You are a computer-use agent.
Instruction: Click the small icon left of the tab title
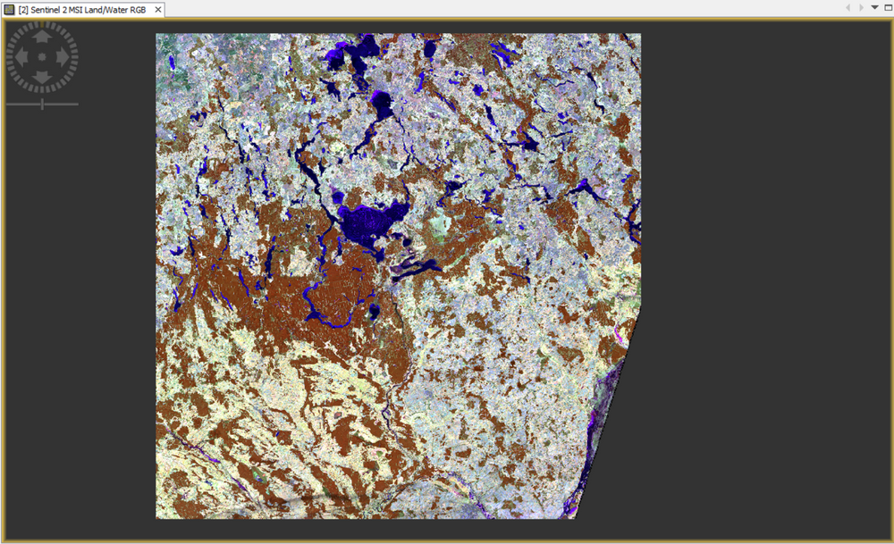[x=10, y=9]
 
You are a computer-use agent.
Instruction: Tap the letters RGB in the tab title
[x=139, y=9]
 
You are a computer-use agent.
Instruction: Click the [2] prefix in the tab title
[x=23, y=9]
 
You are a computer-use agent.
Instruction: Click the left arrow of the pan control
[x=21, y=57]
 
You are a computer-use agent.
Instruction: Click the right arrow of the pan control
[x=63, y=57]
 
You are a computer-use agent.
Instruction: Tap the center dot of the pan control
[x=42, y=57]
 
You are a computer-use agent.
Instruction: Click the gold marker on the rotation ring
[x=42, y=24]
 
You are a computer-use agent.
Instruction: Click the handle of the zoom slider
[x=42, y=105]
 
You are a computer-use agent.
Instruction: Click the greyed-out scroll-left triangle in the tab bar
[x=849, y=8]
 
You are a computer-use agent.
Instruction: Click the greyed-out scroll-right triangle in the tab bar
[x=862, y=8]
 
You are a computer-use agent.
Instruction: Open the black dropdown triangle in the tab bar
[x=874, y=8]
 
